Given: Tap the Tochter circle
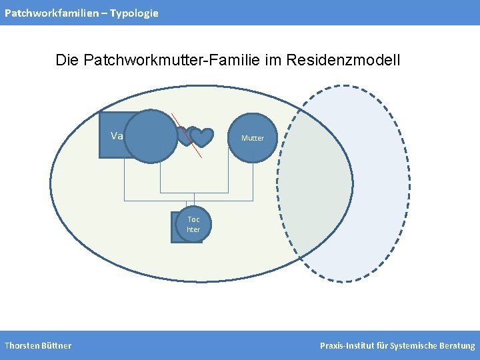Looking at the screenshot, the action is [x=193, y=225].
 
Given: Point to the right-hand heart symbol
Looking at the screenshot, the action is [x=201, y=137].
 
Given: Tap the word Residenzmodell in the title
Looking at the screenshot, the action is [x=343, y=61].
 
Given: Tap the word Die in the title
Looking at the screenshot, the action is [x=67, y=61].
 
